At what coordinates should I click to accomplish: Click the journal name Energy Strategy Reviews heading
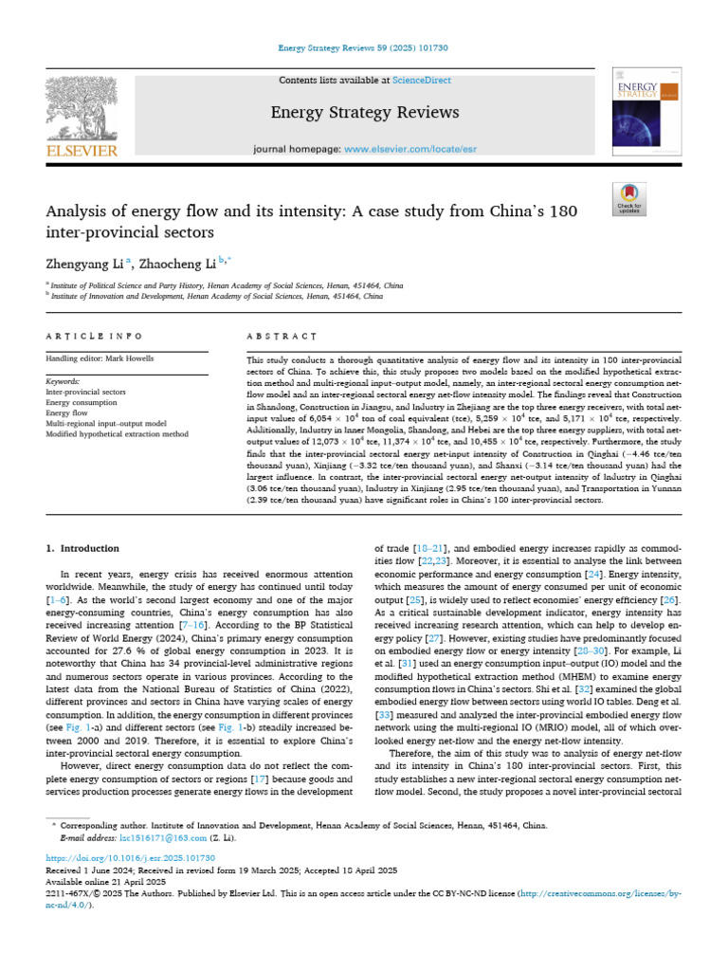pyautogui.click(x=365, y=113)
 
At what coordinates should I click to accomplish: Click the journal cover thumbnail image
pyautogui.click(x=648, y=112)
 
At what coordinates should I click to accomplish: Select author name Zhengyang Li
pyautogui.click(x=83, y=260)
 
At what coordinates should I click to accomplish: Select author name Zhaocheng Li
pyautogui.click(x=184, y=260)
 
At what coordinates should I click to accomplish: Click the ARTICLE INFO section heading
pyautogui.click(x=95, y=337)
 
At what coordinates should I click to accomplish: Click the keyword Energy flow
pyautogui.click(x=69, y=412)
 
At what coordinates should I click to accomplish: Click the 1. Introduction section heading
pyautogui.click(x=82, y=548)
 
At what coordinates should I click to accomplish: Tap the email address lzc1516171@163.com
pyautogui.click(x=162, y=839)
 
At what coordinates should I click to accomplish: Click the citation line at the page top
pyautogui.click(x=364, y=47)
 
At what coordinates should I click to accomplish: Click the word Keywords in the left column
pyautogui.click(x=63, y=380)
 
